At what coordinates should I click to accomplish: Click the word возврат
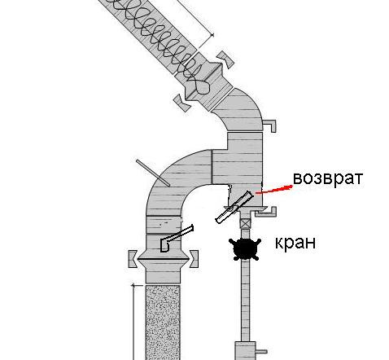click(x=328, y=178)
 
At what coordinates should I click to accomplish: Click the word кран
click(x=295, y=242)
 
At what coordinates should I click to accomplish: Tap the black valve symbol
click(x=245, y=248)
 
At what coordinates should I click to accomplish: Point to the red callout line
click(x=274, y=190)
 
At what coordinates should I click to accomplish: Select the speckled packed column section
click(x=163, y=323)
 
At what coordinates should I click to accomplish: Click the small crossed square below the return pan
click(x=245, y=223)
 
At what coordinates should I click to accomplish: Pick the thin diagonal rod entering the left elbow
click(x=153, y=173)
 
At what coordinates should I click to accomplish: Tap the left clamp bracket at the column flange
click(x=133, y=259)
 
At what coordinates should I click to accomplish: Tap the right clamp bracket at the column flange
click(x=194, y=259)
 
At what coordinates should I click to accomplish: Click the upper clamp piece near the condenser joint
click(x=225, y=59)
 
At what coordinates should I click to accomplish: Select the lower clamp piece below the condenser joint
click(x=182, y=103)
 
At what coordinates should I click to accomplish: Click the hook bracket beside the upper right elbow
click(x=270, y=125)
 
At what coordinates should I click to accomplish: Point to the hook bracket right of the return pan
click(x=266, y=212)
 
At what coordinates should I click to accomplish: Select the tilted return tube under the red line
click(x=234, y=207)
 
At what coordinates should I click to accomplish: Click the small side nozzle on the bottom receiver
click(x=261, y=352)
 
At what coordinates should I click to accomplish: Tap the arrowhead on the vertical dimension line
click(x=133, y=285)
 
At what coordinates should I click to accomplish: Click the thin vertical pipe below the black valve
click(x=245, y=300)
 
